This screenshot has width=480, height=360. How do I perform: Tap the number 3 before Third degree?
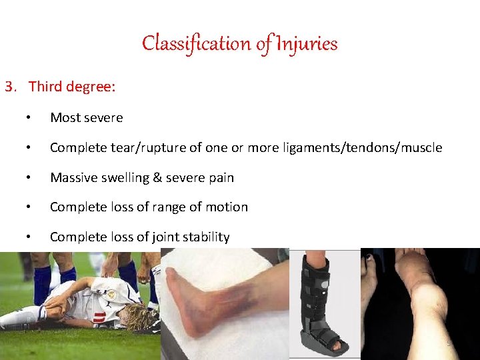click(9, 87)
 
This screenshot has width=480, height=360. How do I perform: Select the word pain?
click(219, 178)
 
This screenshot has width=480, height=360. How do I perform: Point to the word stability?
click(205, 237)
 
